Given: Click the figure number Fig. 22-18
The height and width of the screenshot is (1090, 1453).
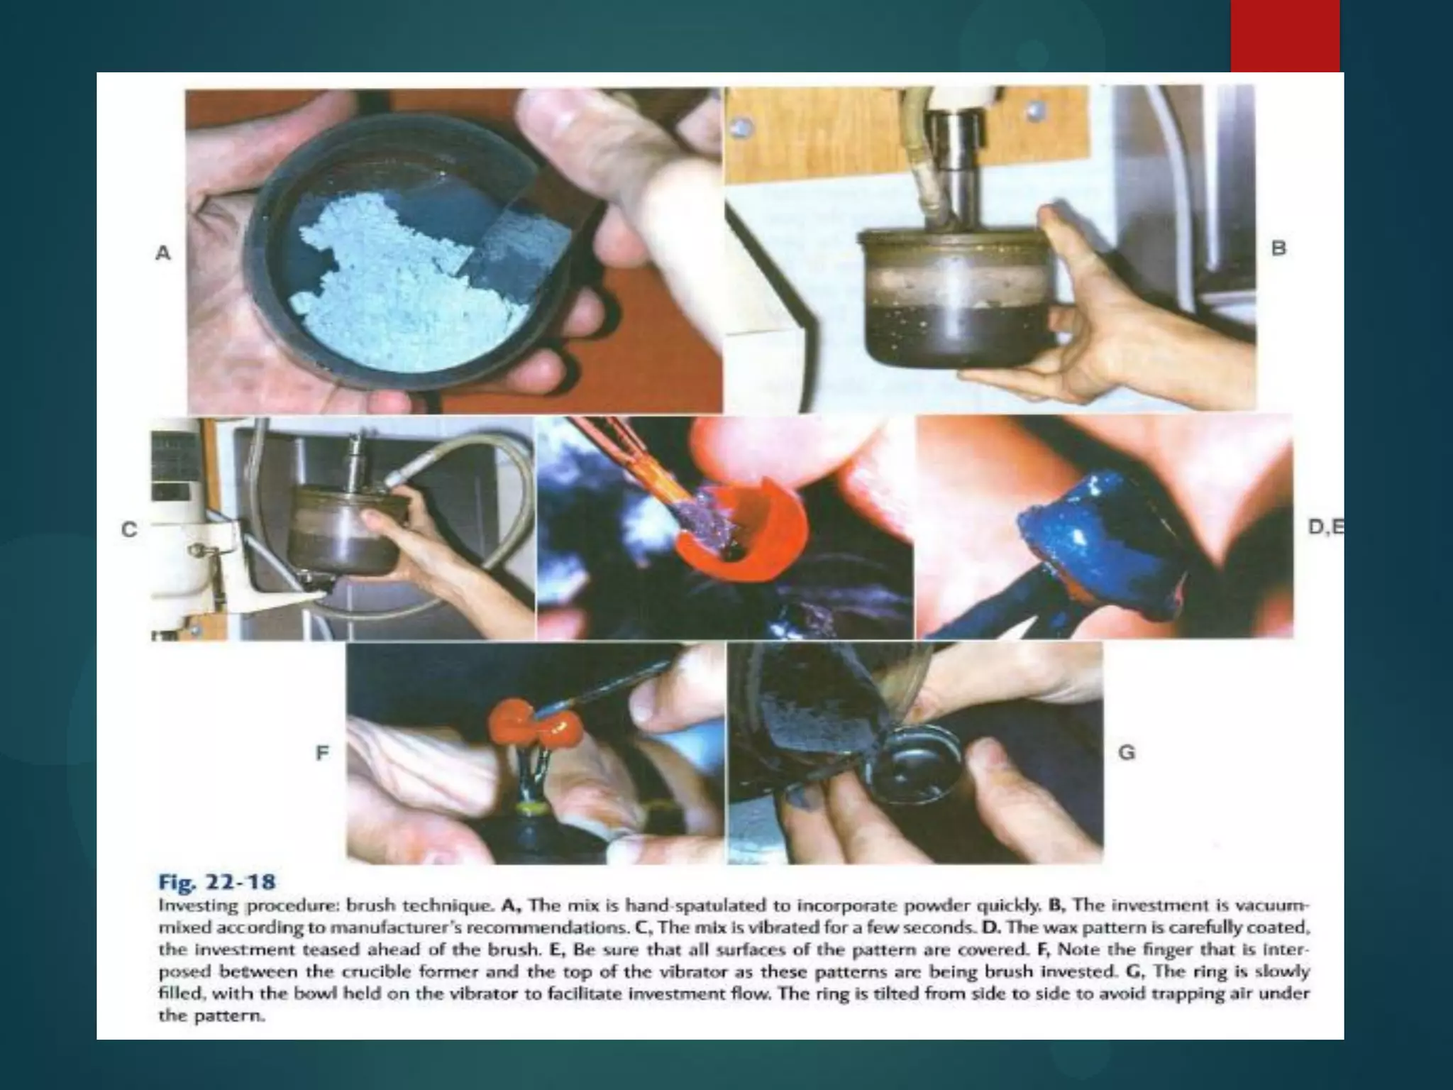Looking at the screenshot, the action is click(x=216, y=882).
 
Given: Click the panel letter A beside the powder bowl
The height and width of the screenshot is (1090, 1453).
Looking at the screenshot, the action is click(x=163, y=253).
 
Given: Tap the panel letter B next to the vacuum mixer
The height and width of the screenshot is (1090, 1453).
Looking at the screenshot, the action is click(x=1278, y=248).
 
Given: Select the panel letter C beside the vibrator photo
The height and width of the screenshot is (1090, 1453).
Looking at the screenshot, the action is click(x=128, y=529).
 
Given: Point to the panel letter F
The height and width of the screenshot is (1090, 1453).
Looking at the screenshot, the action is click(x=322, y=752).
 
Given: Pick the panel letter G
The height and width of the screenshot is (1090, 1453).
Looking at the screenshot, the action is click(x=1127, y=752).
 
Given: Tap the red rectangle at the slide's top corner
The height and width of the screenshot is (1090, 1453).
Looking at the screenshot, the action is click(x=1285, y=35).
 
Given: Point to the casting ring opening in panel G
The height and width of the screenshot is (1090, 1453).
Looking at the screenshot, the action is click(x=915, y=770).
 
